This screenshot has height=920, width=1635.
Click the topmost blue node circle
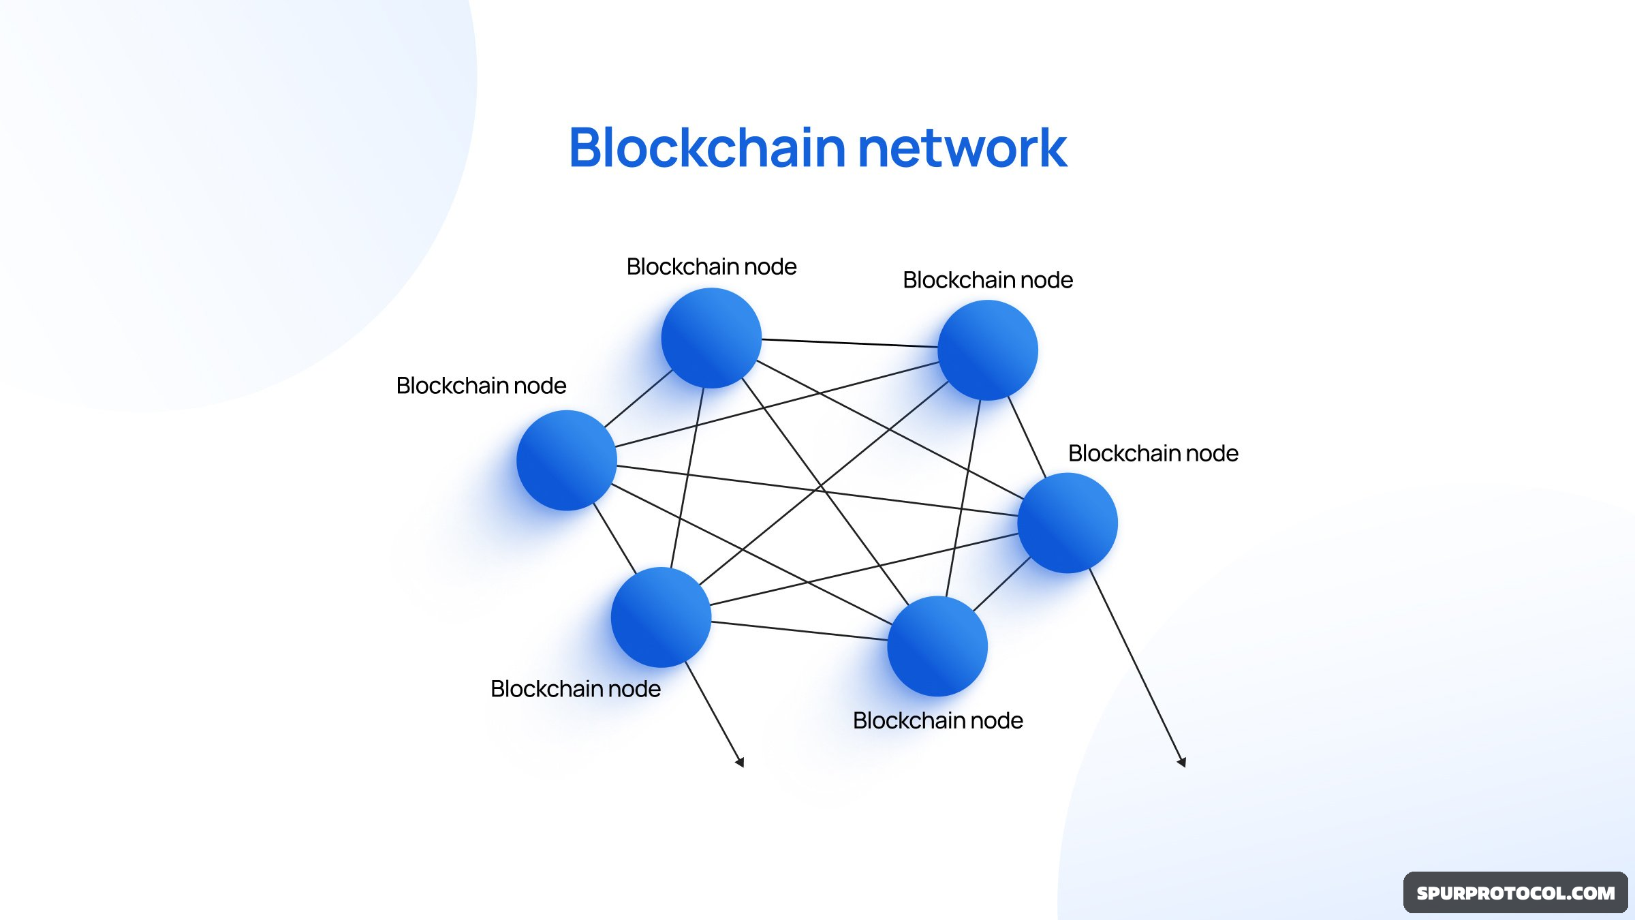pos(711,338)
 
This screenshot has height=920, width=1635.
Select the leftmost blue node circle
pos(567,460)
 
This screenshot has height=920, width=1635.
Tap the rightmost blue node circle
pos(1068,523)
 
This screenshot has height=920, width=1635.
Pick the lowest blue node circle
pos(937,646)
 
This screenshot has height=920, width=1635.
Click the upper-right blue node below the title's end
pos(988,350)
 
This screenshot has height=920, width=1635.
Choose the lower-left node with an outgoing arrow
pos(661,617)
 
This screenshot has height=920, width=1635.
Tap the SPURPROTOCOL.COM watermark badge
pos(1515,893)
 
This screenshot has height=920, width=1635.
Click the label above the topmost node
pos(711,266)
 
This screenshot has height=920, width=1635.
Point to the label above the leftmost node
pos(481,386)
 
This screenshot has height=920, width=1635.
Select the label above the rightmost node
pos(1153,453)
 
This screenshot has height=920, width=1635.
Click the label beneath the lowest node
pos(937,720)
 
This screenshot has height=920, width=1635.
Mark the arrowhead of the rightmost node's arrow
pos(1183,763)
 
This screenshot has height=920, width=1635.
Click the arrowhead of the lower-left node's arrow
pos(740,763)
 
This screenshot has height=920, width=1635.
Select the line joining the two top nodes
pos(850,343)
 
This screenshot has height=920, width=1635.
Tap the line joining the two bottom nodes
pos(799,631)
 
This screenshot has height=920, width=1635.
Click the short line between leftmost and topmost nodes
pos(638,399)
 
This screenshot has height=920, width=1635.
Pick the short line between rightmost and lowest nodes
pos(1001,584)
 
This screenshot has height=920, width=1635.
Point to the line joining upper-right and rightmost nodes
pos(1027,438)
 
